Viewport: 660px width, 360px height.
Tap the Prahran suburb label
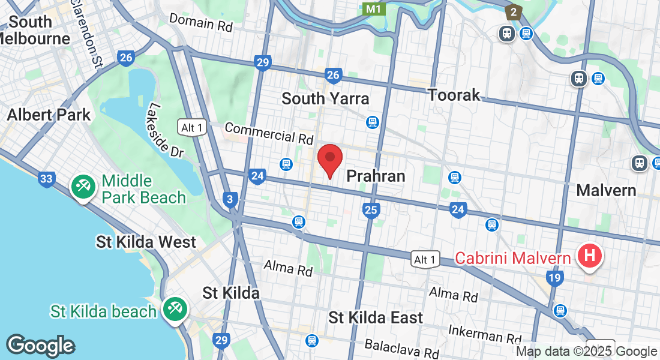pyautogui.click(x=376, y=176)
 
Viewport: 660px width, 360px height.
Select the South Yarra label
pyautogui.click(x=325, y=98)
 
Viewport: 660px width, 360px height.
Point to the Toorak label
pyautogui.click(x=454, y=95)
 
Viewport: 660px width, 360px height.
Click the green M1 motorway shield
pyautogui.click(x=374, y=9)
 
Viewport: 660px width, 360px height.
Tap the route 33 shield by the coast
pyautogui.click(x=46, y=178)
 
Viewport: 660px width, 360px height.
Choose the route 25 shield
pyautogui.click(x=371, y=209)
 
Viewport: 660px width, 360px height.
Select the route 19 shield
pyautogui.click(x=554, y=277)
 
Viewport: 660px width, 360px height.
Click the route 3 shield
pyautogui.click(x=229, y=199)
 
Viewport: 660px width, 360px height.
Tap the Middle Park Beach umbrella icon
pyautogui.click(x=82, y=187)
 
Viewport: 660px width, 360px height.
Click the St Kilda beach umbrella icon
pyautogui.click(x=175, y=310)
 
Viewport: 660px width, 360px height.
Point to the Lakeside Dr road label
pyautogui.click(x=166, y=130)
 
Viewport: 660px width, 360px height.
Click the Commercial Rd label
pyautogui.click(x=269, y=133)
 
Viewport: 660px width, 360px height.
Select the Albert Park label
pyautogui.click(x=49, y=115)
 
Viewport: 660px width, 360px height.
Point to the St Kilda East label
pyautogui.click(x=376, y=317)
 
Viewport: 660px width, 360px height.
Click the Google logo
pyautogui.click(x=40, y=346)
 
